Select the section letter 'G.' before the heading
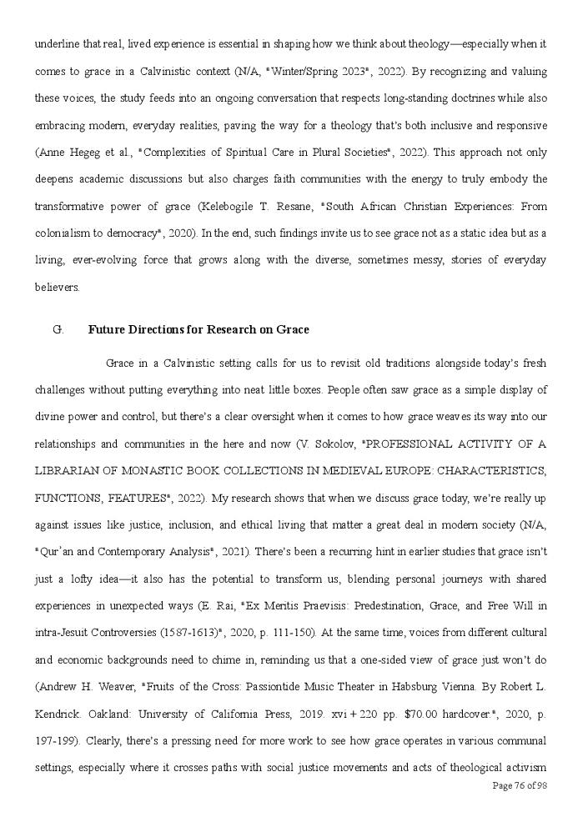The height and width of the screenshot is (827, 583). [x=58, y=329]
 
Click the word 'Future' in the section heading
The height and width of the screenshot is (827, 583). [x=108, y=329]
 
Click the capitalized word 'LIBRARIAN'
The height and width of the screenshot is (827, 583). [x=72, y=471]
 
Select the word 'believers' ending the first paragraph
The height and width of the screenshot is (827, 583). [x=57, y=287]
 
